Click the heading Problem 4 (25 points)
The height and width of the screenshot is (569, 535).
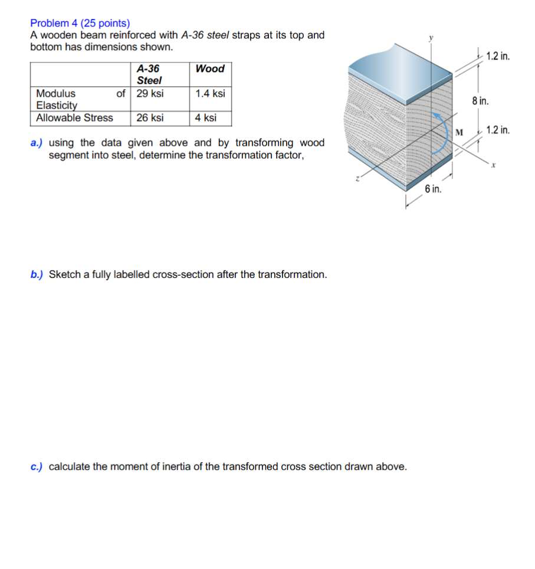point(80,24)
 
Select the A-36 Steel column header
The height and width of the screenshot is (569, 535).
point(149,74)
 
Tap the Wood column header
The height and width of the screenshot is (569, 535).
point(210,68)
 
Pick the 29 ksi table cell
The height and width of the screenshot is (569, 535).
point(150,93)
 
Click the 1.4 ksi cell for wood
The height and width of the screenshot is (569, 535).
point(210,93)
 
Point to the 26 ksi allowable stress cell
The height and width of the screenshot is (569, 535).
point(150,117)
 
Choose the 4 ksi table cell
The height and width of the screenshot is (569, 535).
point(206,117)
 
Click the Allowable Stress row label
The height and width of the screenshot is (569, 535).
point(74,117)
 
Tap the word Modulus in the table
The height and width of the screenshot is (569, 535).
point(55,93)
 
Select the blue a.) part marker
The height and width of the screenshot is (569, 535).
point(37,143)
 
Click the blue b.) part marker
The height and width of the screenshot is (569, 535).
point(37,274)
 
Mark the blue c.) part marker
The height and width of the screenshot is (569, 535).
point(37,466)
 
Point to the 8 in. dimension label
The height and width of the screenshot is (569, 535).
point(480,101)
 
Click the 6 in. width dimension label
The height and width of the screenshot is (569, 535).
point(432,189)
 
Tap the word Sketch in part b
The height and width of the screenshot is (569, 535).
point(64,274)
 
